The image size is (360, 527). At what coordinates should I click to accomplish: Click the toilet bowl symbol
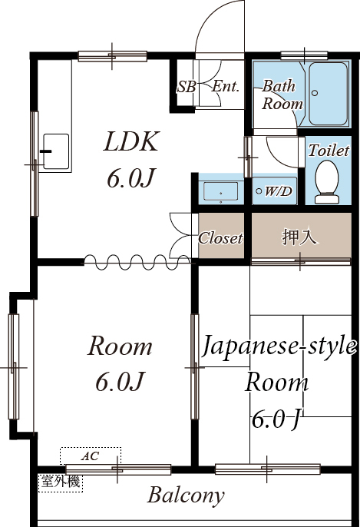[327, 181]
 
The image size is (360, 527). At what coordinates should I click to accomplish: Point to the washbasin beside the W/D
[223, 191]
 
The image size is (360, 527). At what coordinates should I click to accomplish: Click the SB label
[186, 87]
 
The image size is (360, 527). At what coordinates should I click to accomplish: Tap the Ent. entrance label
[226, 87]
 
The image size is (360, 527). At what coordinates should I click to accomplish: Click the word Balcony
[187, 495]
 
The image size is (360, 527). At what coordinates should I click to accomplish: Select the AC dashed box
[91, 456]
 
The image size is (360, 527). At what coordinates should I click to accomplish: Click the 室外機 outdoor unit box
[61, 483]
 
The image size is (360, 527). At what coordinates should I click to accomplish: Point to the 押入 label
[299, 237]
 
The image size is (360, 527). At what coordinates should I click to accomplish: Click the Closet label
[221, 238]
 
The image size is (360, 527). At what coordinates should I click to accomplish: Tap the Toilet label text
[329, 151]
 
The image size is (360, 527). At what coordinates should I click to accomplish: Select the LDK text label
[131, 142]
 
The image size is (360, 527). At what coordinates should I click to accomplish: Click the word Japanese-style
[279, 346]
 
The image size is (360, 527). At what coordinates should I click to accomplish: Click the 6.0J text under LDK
[131, 179]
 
